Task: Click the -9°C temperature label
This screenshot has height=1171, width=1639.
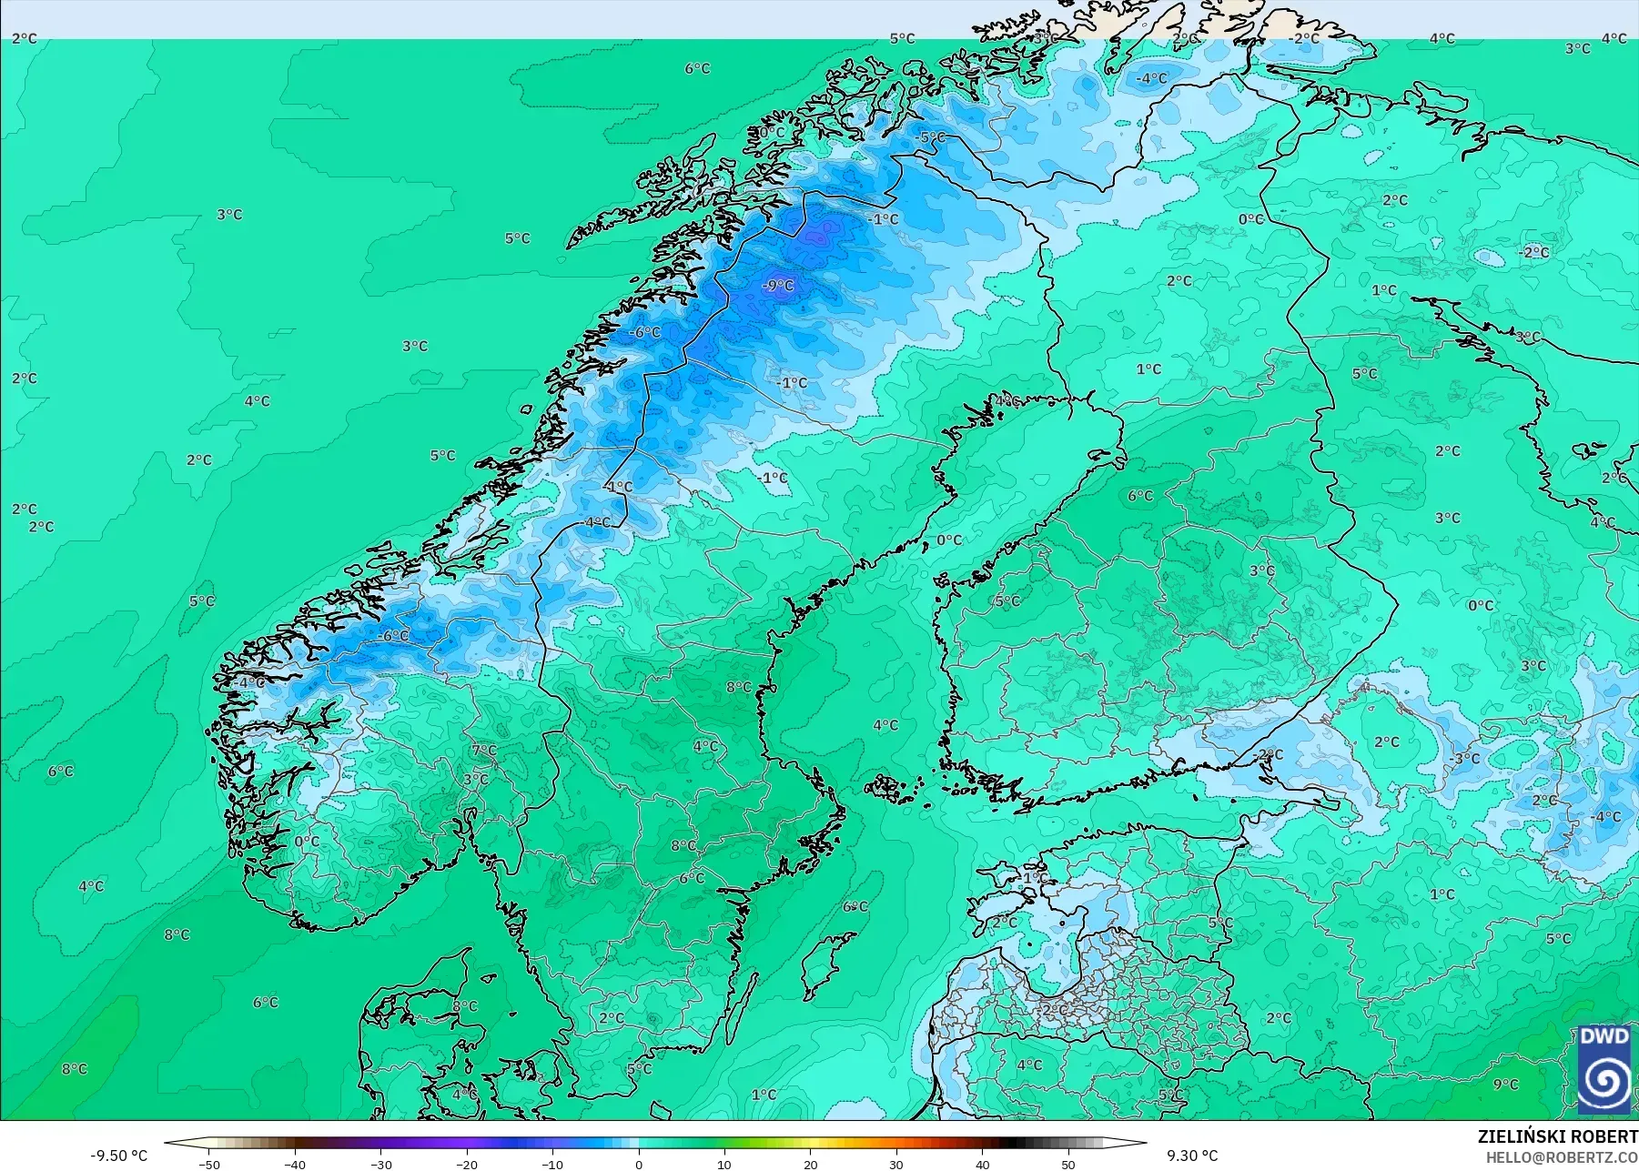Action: [x=777, y=286]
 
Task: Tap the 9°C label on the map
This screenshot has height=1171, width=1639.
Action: [x=1506, y=1085]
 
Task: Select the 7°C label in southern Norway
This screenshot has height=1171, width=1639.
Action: [x=484, y=751]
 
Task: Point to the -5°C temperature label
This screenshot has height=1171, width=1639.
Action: [x=932, y=137]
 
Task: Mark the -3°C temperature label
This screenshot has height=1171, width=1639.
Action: [x=1465, y=758]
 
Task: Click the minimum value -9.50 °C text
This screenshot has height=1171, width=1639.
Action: [x=118, y=1156]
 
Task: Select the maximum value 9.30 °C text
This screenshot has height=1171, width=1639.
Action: [x=1192, y=1156]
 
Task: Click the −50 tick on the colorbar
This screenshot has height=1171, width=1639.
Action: [x=208, y=1165]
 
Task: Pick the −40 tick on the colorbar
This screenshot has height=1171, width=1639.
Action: [x=295, y=1165]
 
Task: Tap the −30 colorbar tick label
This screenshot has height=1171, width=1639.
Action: [x=380, y=1165]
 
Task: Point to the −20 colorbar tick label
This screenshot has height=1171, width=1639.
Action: [x=467, y=1165]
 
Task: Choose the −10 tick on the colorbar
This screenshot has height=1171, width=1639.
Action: [x=552, y=1165]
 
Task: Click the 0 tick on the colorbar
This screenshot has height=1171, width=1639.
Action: [x=639, y=1165]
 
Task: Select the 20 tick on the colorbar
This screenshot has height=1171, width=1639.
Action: [x=811, y=1165]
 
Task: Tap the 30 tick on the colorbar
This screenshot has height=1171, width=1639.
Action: [x=896, y=1165]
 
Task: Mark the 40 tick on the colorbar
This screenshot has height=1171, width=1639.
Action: [x=983, y=1165]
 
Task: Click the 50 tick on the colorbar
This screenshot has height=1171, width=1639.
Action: [x=1068, y=1165]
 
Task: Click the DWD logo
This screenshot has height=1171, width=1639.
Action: [x=1604, y=1068]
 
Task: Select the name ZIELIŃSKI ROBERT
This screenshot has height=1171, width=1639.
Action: [x=1557, y=1136]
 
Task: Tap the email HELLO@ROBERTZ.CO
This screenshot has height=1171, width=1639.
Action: [x=1562, y=1157]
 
